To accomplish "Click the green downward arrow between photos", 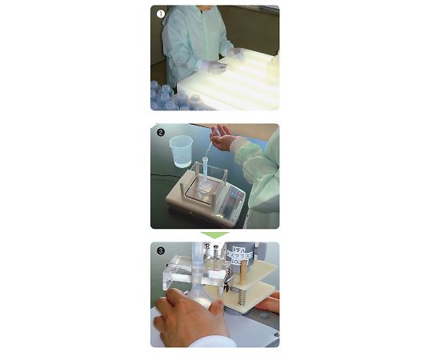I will point(214,235).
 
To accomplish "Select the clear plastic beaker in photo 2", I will point(182,150).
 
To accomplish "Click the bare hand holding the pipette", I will point(223,142).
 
